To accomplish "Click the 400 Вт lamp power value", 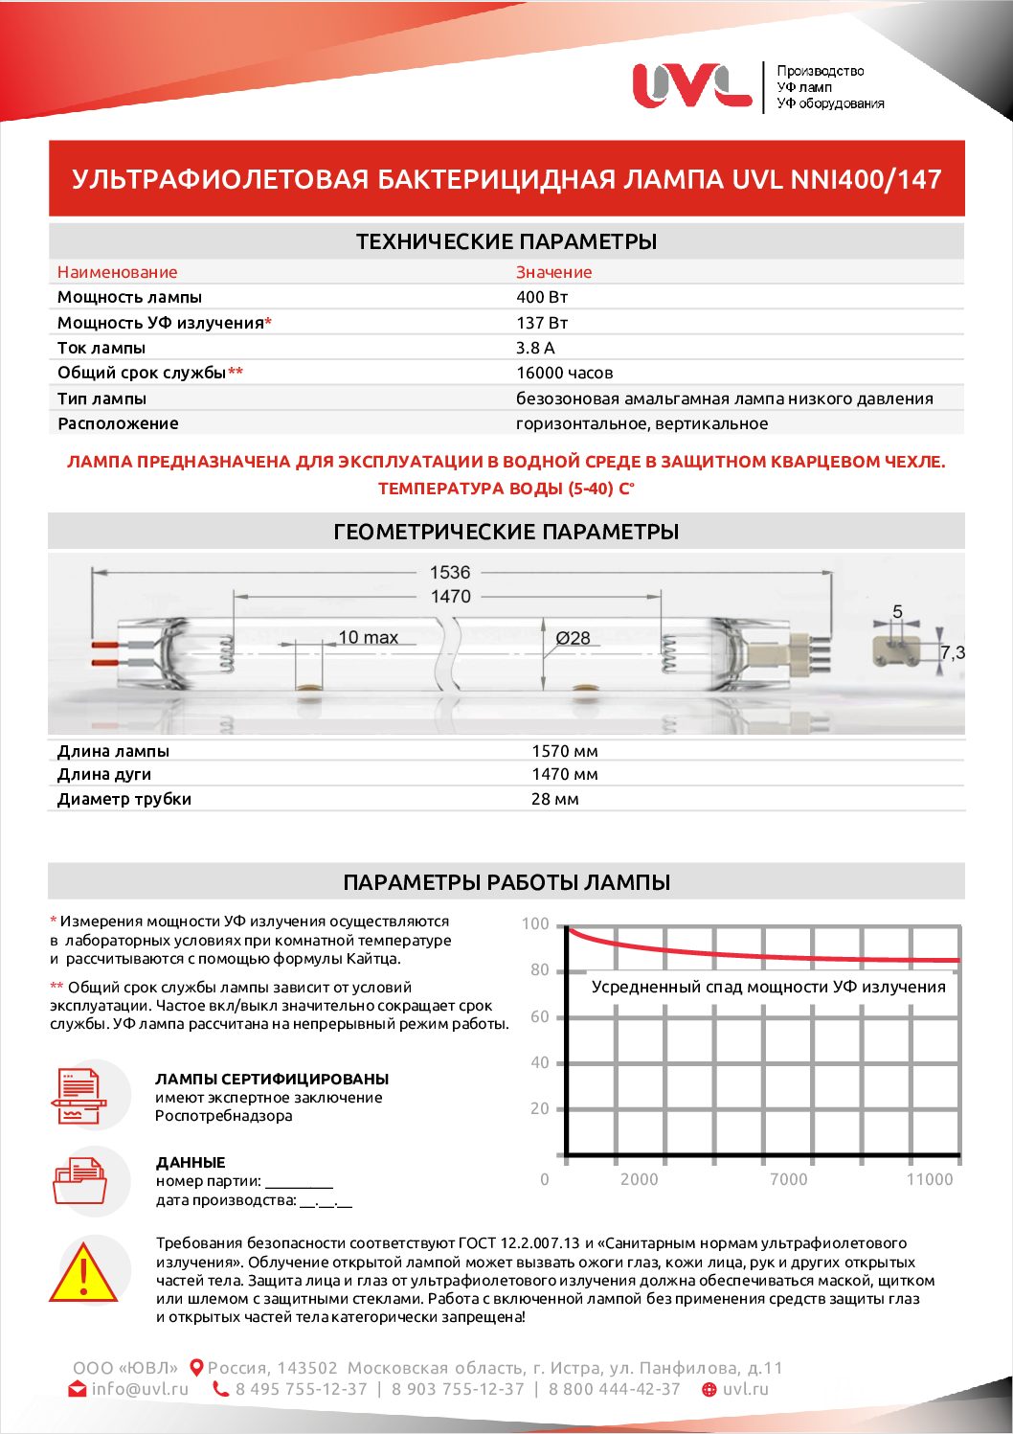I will [542, 297].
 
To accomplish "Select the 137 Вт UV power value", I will [542, 323].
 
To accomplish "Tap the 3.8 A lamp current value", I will [535, 348].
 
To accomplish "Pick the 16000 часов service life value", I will [564, 373].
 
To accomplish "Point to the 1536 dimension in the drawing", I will [450, 572].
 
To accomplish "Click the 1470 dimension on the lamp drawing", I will [450, 597].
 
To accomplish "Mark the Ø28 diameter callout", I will [573, 638].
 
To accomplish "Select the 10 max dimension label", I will [368, 637].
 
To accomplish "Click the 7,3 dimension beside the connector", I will [952, 652].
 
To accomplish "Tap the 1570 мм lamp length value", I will [564, 751].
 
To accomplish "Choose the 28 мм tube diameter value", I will [554, 799].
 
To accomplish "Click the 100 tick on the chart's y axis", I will [535, 924].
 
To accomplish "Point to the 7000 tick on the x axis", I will [788, 1179].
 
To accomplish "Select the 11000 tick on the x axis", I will [930, 1179].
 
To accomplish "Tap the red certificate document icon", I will [79, 1096].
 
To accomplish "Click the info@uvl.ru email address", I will [140, 1389].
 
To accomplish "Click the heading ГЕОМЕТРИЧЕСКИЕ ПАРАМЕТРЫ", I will [506, 532].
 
